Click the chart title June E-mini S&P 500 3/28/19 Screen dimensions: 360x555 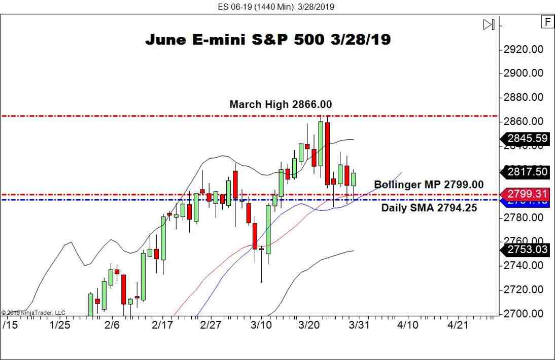pyautogui.click(x=268, y=40)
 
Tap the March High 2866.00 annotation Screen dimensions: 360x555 pyautogui.click(x=281, y=104)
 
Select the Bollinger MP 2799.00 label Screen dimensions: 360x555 pyautogui.click(x=429, y=185)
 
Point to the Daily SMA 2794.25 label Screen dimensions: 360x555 pyautogui.click(x=429, y=207)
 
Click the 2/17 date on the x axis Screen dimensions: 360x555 pyautogui.click(x=162, y=325)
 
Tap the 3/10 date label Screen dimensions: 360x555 pyautogui.click(x=262, y=325)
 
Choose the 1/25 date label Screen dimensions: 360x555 pyautogui.click(x=60, y=325)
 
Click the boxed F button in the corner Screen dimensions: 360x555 pyautogui.click(x=547, y=22)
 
